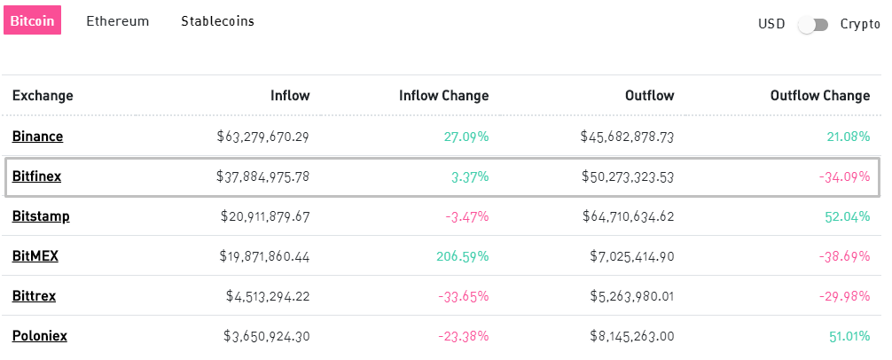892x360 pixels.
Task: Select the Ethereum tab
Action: click(118, 21)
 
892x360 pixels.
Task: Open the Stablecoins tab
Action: click(217, 21)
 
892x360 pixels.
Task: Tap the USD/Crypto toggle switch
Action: click(813, 24)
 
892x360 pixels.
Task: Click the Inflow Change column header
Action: click(443, 96)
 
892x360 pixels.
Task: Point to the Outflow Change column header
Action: click(820, 96)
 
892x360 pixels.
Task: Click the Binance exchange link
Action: click(37, 137)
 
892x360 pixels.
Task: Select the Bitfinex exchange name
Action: click(36, 176)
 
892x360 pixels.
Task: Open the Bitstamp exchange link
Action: click(41, 216)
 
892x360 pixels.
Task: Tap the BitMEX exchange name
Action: click(35, 256)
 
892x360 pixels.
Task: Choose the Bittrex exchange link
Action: click(34, 296)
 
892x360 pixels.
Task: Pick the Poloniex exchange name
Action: click(40, 336)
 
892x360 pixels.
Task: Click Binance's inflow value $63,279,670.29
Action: click(263, 137)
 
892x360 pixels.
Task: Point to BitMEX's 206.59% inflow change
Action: click(463, 256)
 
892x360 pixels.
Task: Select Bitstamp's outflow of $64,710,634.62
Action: click(627, 216)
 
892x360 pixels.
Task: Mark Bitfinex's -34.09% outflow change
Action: click(845, 176)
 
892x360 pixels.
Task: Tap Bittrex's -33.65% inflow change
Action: click(464, 296)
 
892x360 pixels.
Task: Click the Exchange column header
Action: click(43, 96)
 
